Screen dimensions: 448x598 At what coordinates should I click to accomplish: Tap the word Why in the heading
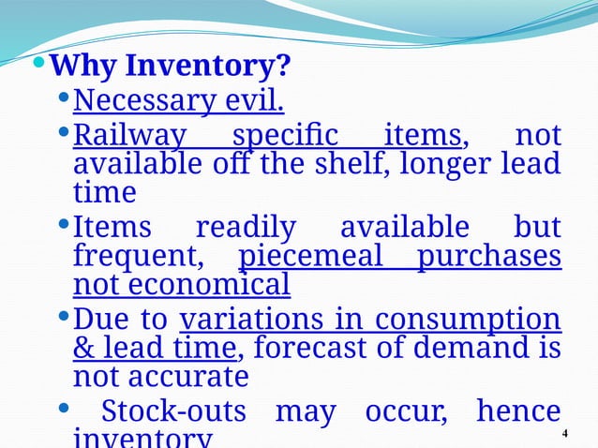84,67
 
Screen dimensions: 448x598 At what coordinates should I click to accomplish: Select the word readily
245,227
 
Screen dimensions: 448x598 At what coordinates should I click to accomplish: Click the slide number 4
564,433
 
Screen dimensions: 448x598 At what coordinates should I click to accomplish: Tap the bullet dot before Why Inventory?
38,66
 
